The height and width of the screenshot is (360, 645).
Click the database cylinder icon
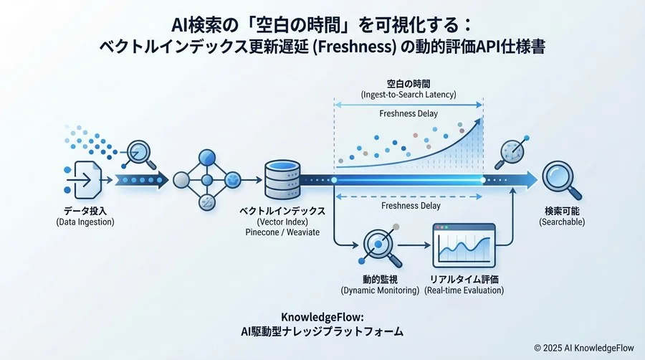click(282, 179)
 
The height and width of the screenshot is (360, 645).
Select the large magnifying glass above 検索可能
click(559, 177)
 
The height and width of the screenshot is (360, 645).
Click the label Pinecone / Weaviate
click(282, 233)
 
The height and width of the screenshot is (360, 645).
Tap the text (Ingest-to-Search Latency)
click(408, 95)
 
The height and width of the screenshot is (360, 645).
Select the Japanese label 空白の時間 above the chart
click(408, 84)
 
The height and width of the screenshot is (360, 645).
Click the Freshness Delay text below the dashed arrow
click(409, 206)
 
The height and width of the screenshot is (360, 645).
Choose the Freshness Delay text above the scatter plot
click(408, 113)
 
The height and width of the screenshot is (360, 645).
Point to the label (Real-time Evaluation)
click(464, 290)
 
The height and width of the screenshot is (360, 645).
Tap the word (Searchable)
click(562, 222)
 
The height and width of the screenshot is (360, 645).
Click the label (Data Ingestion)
click(85, 222)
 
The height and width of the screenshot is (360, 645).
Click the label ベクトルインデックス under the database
click(282, 211)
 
